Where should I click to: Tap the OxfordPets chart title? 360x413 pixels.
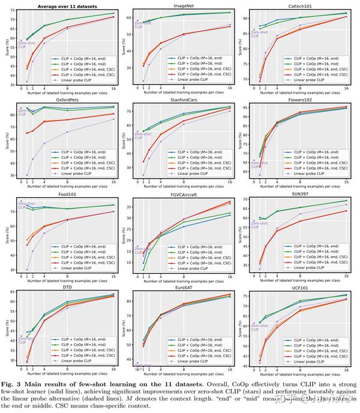(x=66, y=101)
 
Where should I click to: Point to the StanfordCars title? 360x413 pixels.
(x=182, y=101)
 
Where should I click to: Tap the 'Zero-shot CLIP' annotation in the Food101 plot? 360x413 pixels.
(x=26, y=205)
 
